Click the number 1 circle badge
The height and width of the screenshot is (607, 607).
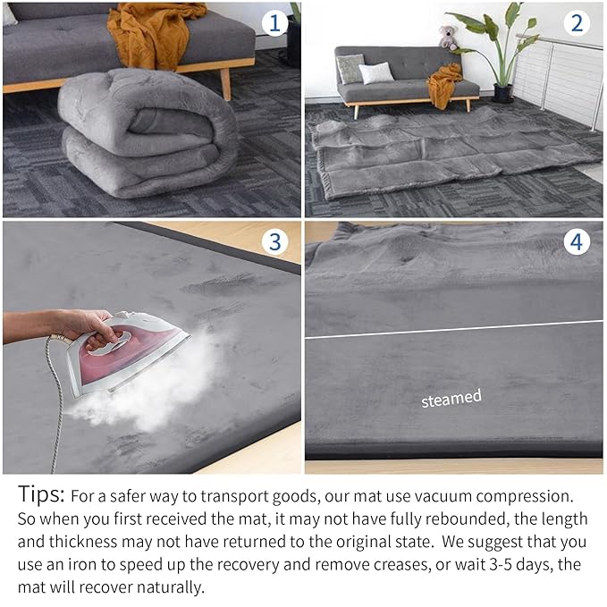click(x=274, y=23)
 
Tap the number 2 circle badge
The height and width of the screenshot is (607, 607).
click(x=577, y=23)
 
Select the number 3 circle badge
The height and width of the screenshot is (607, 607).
click(x=274, y=241)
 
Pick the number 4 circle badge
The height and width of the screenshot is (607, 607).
click(x=577, y=241)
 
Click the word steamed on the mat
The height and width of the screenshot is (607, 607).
click(x=451, y=398)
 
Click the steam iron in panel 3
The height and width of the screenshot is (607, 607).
click(x=134, y=349)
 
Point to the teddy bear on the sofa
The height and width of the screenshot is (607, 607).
click(x=448, y=38)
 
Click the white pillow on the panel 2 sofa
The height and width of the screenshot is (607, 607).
click(x=376, y=72)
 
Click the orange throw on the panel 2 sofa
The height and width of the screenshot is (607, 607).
click(x=443, y=85)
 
